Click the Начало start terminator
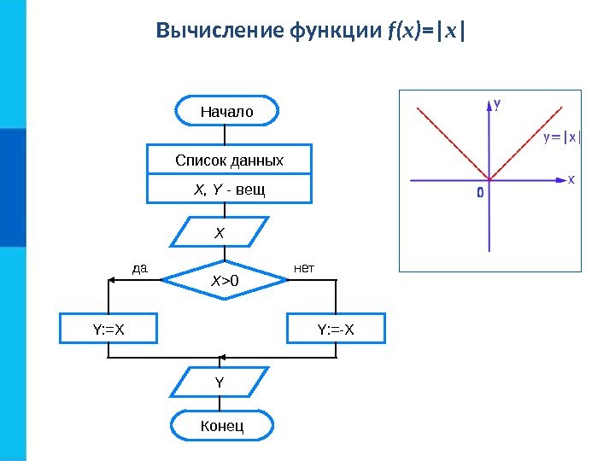click(x=226, y=111)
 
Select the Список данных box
click(x=229, y=160)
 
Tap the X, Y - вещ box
click(x=229, y=189)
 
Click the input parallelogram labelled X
click(x=220, y=232)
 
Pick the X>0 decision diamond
click(x=225, y=279)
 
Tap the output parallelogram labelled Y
click(x=220, y=382)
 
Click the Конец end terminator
click(x=222, y=424)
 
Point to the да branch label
click(x=140, y=269)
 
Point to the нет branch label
click(x=304, y=269)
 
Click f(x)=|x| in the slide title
click(x=427, y=32)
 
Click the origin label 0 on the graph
click(x=480, y=193)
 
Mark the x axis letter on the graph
click(x=571, y=180)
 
